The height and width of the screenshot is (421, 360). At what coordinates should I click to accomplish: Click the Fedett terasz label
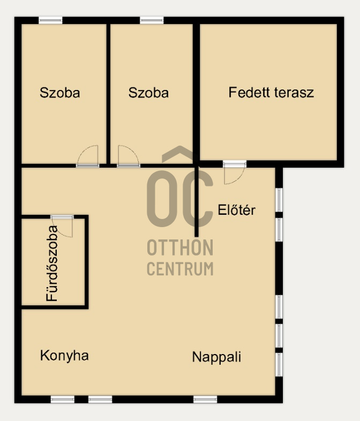pyautogui.click(x=271, y=92)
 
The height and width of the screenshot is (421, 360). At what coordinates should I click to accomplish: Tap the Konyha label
pyautogui.click(x=64, y=356)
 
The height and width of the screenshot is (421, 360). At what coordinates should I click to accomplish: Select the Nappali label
pyautogui.click(x=216, y=357)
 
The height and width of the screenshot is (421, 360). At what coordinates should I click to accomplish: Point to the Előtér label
pyautogui.click(x=236, y=210)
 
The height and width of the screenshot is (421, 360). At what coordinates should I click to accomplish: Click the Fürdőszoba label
pyautogui.click(x=52, y=263)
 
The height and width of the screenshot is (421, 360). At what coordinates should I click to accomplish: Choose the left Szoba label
pyautogui.click(x=60, y=93)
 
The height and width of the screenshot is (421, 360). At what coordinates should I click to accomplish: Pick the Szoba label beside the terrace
pyautogui.click(x=148, y=93)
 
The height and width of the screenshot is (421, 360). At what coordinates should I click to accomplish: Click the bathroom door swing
pyautogui.click(x=62, y=226)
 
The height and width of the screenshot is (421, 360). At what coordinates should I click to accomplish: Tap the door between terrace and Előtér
pyautogui.click(x=234, y=172)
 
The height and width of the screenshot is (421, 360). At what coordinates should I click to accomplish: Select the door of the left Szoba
pyautogui.click(x=88, y=156)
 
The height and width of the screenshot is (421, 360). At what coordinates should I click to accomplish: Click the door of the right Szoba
pyautogui.click(x=129, y=156)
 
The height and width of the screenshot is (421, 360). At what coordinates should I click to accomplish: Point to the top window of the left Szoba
pyautogui.click(x=50, y=20)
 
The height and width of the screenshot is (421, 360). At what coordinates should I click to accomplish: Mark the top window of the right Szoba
pyautogui.click(x=152, y=20)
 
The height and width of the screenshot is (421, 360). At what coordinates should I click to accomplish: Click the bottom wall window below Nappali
pyautogui.click(x=205, y=399)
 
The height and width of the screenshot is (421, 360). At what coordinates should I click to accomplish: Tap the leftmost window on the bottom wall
pyautogui.click(x=63, y=399)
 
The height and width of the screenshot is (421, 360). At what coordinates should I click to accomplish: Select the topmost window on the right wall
pyautogui.click(x=279, y=200)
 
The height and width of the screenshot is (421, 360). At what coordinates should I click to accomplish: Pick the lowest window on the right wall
pyautogui.click(x=279, y=364)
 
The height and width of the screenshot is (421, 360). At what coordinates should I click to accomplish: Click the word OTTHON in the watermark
pyautogui.click(x=180, y=248)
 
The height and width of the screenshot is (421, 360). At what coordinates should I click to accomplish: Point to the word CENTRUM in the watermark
pyautogui.click(x=180, y=268)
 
